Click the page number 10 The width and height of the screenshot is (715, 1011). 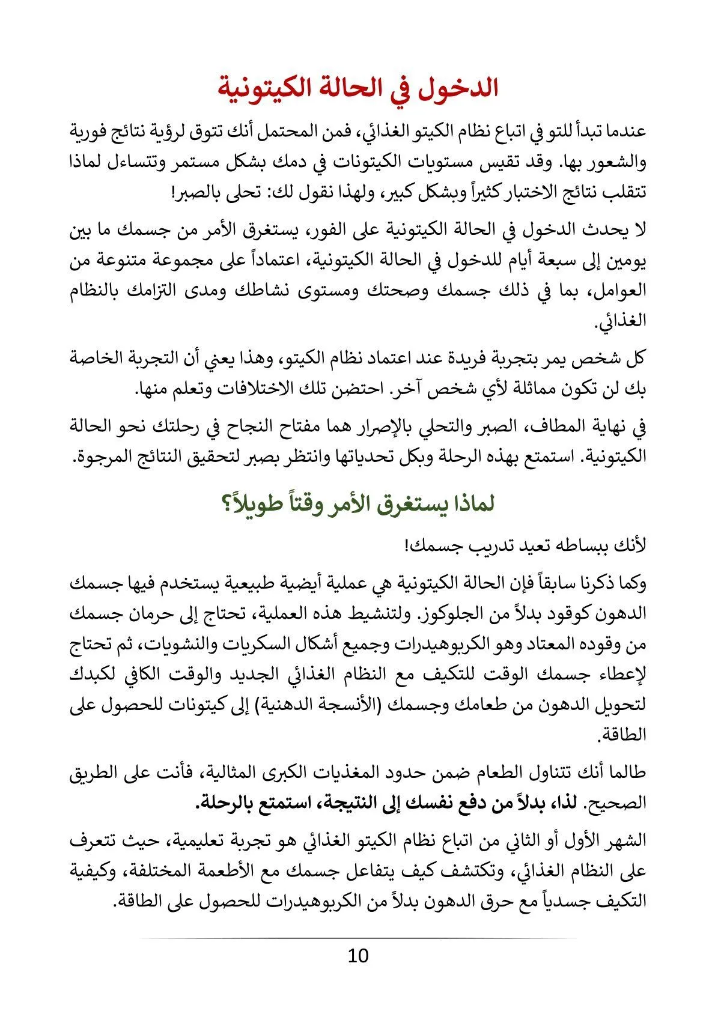[x=357, y=955]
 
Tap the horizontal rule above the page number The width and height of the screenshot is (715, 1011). [x=357, y=938]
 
